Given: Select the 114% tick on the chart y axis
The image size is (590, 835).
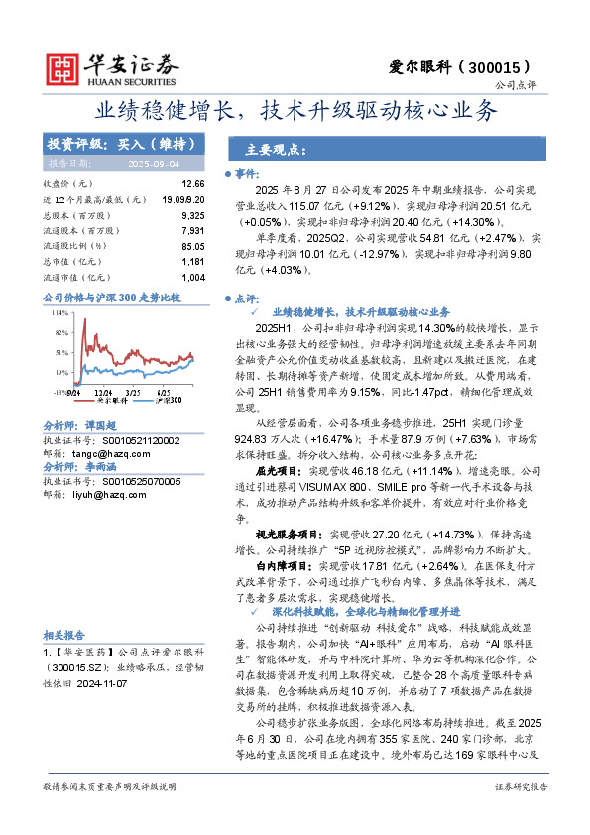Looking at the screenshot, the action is [x=59, y=311].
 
